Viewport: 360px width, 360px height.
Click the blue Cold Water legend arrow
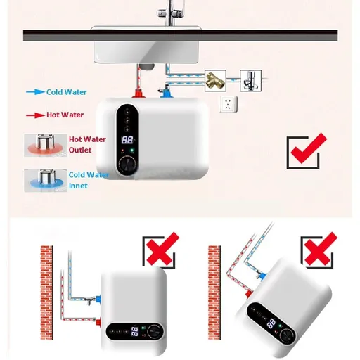[x=35, y=92]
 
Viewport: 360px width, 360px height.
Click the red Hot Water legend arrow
[x=35, y=115]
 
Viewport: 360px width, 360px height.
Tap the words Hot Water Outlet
[x=87, y=145]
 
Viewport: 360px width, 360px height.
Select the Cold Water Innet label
[x=89, y=180]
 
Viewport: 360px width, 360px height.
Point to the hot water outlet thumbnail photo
[x=46, y=145]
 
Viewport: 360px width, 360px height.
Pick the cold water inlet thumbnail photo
[x=46, y=181]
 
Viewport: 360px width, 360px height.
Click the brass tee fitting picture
[x=215, y=81]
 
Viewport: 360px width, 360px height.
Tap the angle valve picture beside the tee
[x=250, y=81]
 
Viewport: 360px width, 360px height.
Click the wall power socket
[x=229, y=104]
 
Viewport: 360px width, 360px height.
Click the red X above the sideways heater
[x=162, y=248]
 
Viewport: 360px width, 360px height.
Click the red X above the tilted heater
[x=320, y=248]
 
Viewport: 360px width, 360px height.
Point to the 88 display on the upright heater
[x=127, y=140]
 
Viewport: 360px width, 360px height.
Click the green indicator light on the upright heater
[x=132, y=150]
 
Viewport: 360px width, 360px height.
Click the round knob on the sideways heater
[x=154, y=332]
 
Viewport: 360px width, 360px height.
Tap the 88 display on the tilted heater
[x=271, y=323]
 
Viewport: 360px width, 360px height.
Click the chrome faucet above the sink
[x=171, y=13]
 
